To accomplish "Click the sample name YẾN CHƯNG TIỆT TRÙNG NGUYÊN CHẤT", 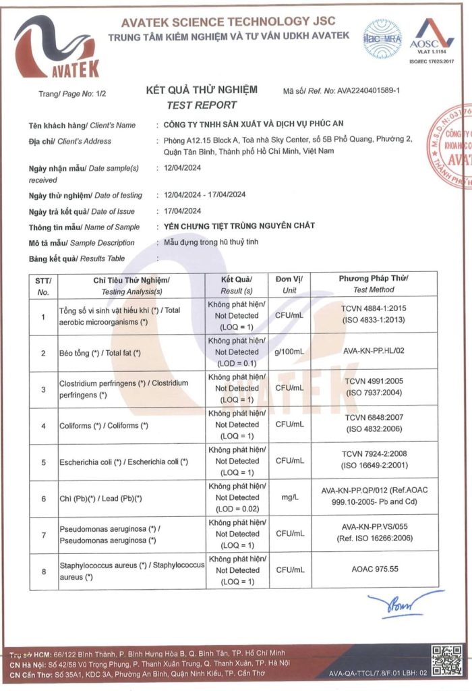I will pyautogui.click(x=239, y=226).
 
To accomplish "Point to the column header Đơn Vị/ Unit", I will pyautogui.click(x=289, y=284).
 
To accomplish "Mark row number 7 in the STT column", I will pyautogui.click(x=43, y=534).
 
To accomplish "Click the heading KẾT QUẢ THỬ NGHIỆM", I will pyautogui.click(x=202, y=90).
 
